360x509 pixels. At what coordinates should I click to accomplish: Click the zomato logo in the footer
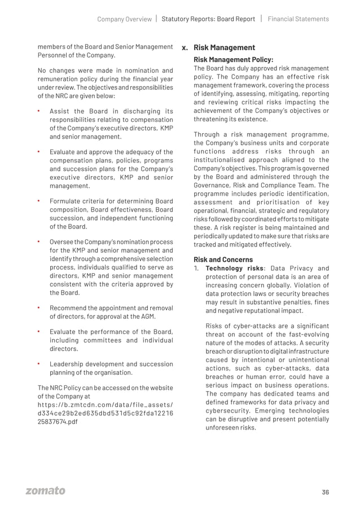tap(45, 491)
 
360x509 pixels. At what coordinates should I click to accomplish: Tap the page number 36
tap(325, 492)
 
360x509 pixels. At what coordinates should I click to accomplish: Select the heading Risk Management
tap(224, 48)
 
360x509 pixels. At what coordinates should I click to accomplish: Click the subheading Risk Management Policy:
tap(233, 59)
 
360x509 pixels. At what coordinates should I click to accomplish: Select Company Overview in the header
tap(124, 19)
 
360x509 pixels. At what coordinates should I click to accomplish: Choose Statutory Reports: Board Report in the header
tap(208, 19)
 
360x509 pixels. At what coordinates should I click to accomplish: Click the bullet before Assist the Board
tap(39, 111)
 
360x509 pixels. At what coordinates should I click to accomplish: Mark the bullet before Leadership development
tap(39, 364)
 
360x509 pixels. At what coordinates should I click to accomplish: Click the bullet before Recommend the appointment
tap(39, 308)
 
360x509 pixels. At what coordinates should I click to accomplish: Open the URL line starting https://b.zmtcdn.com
tap(105, 405)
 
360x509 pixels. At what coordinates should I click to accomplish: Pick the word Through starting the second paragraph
tap(207, 134)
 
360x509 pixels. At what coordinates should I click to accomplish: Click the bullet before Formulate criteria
tap(39, 200)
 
